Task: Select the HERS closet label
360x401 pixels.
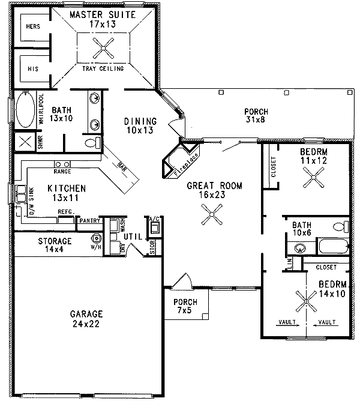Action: tap(32, 26)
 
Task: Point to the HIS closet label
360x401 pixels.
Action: tap(32, 69)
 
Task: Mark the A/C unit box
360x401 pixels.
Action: tap(154, 227)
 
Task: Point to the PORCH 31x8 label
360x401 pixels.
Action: tap(256, 116)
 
